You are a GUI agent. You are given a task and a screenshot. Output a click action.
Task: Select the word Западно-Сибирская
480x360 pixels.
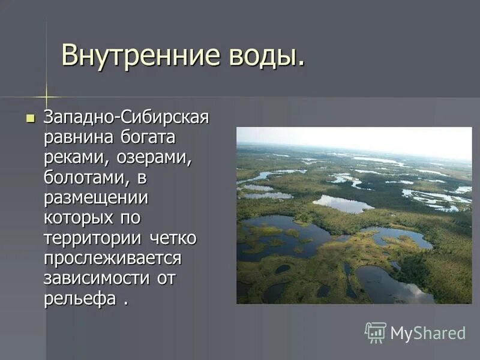click(125, 117)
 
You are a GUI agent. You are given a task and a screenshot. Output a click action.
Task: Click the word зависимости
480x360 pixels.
click(97, 279)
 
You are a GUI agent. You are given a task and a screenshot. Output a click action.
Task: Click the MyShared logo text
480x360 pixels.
click(428, 333)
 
